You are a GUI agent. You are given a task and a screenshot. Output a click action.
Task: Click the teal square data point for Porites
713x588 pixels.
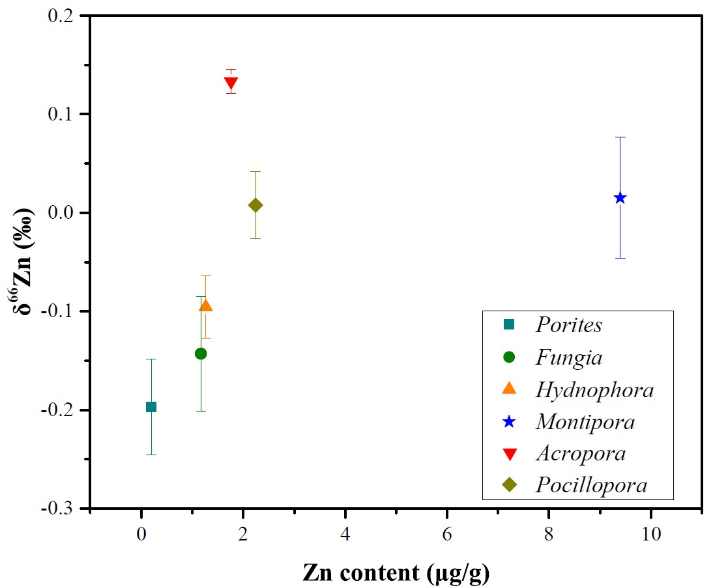(151, 407)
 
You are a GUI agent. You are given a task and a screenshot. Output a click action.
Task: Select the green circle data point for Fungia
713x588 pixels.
(201, 354)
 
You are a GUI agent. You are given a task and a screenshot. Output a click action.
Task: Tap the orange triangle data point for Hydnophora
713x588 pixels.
(206, 305)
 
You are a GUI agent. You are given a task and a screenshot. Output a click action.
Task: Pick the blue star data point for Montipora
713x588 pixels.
(620, 198)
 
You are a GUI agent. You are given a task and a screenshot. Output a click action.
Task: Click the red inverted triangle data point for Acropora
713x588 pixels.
(231, 83)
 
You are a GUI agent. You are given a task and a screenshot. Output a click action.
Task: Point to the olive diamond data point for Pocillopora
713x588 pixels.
(255, 205)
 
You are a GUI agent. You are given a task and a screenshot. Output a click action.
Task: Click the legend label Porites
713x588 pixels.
(568, 325)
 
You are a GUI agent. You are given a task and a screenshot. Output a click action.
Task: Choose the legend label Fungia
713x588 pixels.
(568, 357)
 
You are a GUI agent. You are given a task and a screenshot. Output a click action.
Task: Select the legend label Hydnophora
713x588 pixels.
(594, 389)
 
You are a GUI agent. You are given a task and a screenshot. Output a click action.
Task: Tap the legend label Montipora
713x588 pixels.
(585, 421)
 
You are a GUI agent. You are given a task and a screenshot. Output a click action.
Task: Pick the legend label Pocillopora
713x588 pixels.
(591, 485)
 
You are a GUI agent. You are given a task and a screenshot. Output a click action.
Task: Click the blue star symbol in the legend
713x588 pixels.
(509, 421)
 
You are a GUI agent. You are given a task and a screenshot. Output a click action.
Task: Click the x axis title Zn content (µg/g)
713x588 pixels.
(396, 572)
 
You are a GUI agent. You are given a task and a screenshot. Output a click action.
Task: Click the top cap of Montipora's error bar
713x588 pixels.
(620, 137)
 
